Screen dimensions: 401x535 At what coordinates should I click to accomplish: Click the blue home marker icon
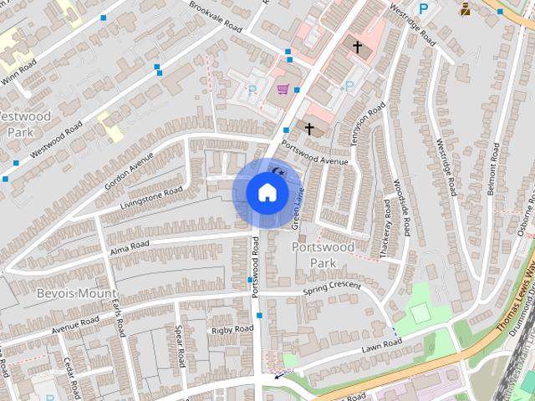coord(267,193)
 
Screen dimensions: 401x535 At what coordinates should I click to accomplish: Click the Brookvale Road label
coord(211,18)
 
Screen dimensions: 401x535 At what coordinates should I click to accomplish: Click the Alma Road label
coord(129,247)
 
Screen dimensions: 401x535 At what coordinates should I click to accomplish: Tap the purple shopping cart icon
coord(283,89)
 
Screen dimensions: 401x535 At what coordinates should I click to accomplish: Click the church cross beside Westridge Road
coord(358,48)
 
